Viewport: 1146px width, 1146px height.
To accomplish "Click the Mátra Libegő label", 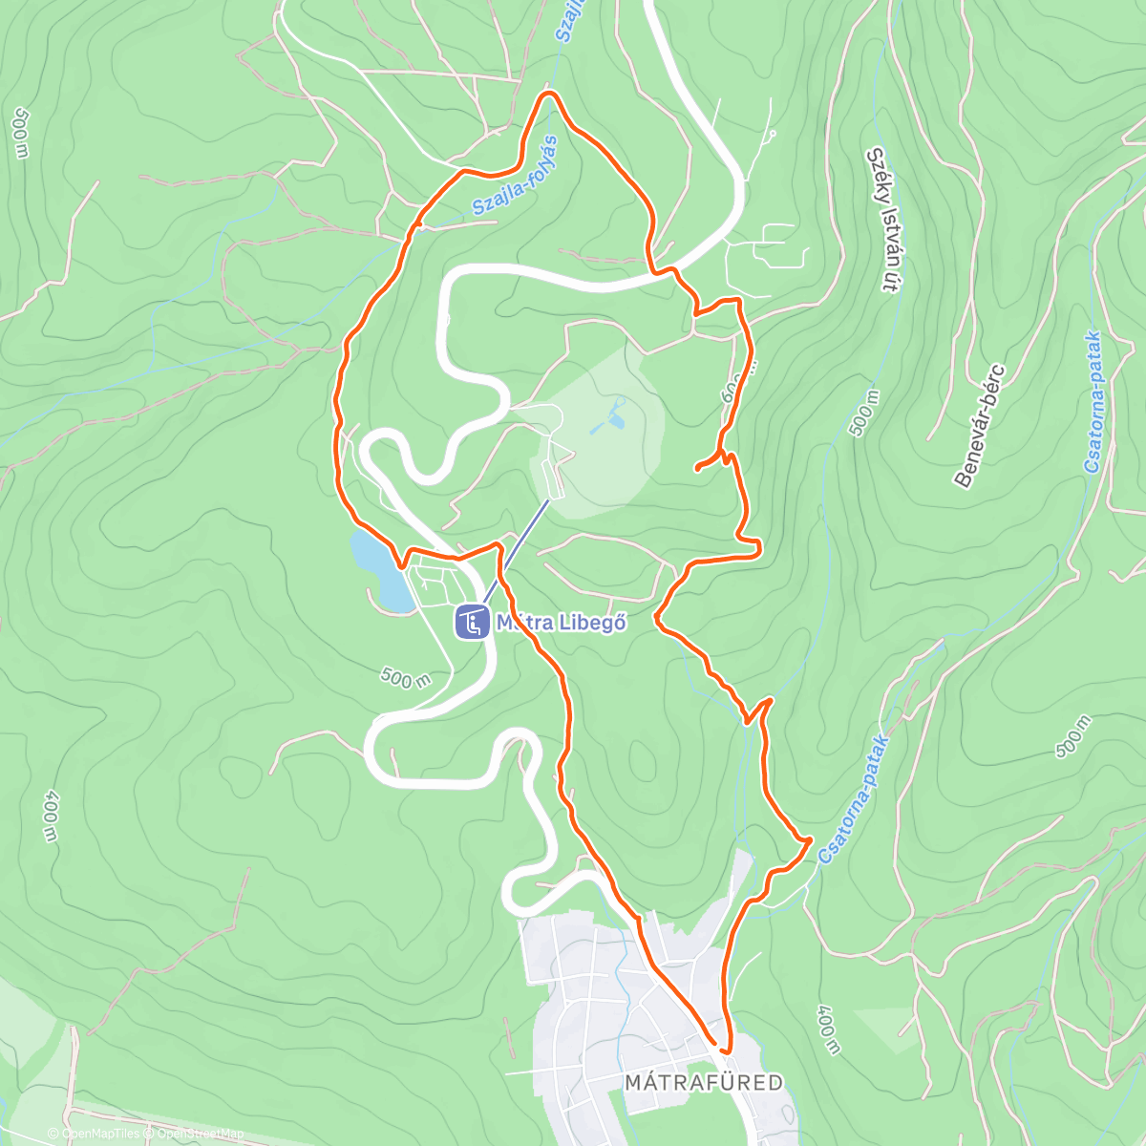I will coord(561,623).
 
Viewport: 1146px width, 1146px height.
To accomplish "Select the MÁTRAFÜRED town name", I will coord(703,1082).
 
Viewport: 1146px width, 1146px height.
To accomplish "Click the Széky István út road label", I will coord(884,219).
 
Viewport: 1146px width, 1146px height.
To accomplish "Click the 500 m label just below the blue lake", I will coord(405,678).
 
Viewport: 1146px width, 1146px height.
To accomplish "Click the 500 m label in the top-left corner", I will coord(20,132).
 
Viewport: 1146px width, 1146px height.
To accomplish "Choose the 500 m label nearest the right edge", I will coord(1073,737).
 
